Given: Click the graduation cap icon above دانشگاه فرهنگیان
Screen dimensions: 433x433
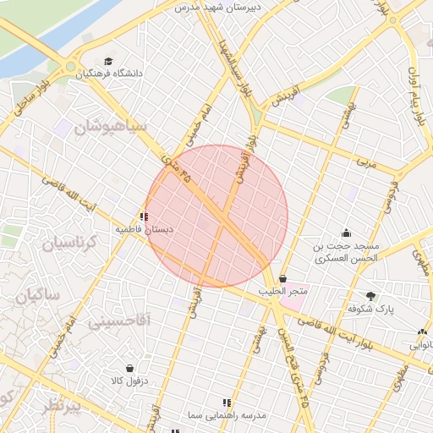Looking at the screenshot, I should click(x=107, y=61).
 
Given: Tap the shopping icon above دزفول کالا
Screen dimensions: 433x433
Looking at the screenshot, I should click(x=129, y=368).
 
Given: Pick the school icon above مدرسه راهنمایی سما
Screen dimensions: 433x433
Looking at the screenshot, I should click(x=226, y=403).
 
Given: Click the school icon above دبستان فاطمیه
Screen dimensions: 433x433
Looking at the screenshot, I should click(x=145, y=216).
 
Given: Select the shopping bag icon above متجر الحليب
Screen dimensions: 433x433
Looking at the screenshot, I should click(x=282, y=278).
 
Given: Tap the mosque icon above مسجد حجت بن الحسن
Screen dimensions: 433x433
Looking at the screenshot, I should click(x=345, y=233).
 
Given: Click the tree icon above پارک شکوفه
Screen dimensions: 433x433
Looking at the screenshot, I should click(x=371, y=295).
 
